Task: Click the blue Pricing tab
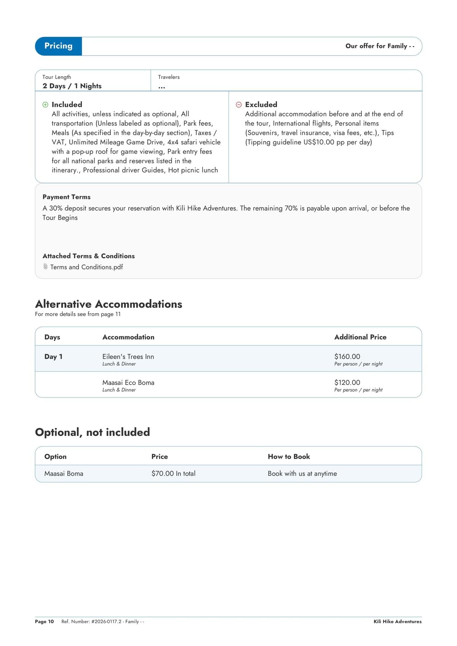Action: point(58,46)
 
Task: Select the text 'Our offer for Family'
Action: point(376,46)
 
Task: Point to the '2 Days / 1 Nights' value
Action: point(72,86)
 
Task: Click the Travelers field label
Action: point(169,77)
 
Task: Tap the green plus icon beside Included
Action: point(45,105)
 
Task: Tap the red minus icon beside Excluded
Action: point(239,105)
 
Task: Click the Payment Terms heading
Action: point(66,197)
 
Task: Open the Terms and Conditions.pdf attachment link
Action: point(86,267)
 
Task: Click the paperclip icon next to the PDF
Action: point(45,267)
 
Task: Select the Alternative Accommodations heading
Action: point(109,304)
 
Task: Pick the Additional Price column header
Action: point(360,337)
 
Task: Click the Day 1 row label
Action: point(53,357)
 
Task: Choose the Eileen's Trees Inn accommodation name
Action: point(128,357)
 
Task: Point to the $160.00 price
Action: point(347,357)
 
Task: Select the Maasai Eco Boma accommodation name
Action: point(128,383)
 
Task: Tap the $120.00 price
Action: point(347,383)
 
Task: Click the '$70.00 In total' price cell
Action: point(173,474)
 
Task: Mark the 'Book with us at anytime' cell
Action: point(302,474)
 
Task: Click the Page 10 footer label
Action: point(44,622)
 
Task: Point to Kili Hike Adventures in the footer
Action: point(398,622)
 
